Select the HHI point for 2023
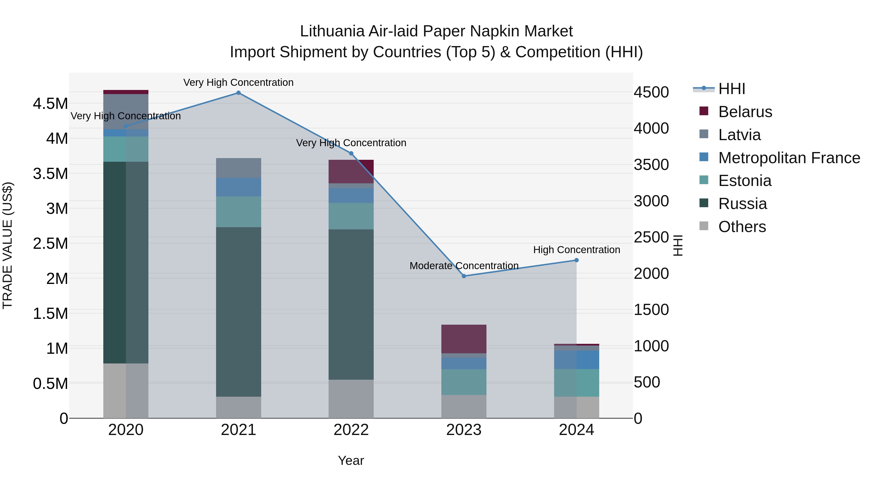(x=464, y=276)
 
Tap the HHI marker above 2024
(x=576, y=260)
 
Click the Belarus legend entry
(x=745, y=112)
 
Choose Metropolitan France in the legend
(x=789, y=158)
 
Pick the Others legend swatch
(x=704, y=226)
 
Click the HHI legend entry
(x=731, y=89)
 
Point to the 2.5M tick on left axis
(x=50, y=244)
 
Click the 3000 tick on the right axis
(x=651, y=201)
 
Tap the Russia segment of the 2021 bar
(x=239, y=312)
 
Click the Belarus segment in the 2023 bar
(x=464, y=339)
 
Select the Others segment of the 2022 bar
(x=351, y=399)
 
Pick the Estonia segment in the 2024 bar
(x=576, y=383)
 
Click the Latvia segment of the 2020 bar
(x=126, y=112)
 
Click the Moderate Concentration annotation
(x=464, y=266)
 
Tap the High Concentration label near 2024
(x=576, y=250)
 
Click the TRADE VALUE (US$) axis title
(x=8, y=245)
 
